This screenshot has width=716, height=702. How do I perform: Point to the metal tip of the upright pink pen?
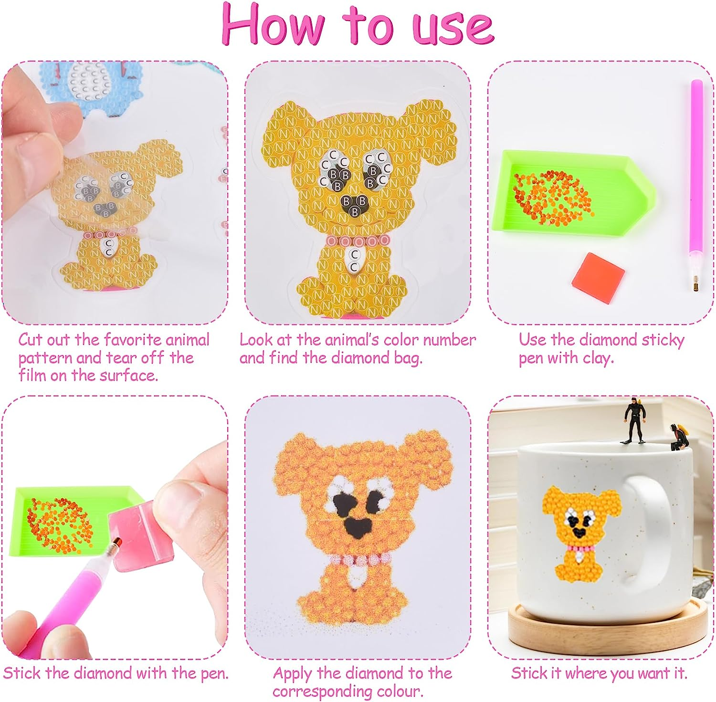694,286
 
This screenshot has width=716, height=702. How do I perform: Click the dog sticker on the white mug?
581,533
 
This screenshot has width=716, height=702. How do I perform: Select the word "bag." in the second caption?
408,358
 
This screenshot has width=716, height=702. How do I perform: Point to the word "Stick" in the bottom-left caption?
22,673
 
